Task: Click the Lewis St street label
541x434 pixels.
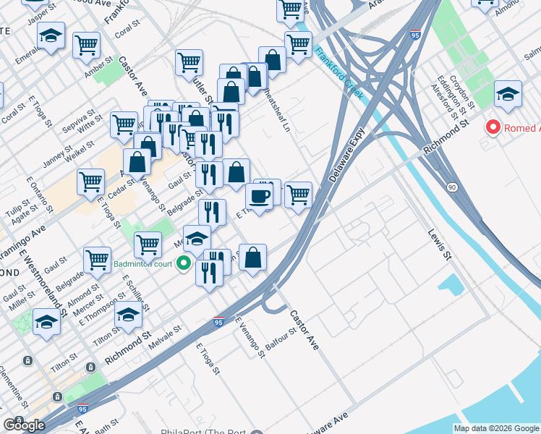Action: pyautogui.click(x=440, y=245)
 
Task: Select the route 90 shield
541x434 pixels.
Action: pyautogui.click(x=452, y=187)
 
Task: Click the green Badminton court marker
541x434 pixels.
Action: pyautogui.click(x=184, y=264)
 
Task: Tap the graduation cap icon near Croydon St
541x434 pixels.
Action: pyautogui.click(x=508, y=94)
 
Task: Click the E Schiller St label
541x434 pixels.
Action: pyautogui.click(x=135, y=292)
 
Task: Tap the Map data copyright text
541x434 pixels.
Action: pyautogui.click(x=497, y=427)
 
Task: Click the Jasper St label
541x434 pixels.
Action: pyautogui.click(x=41, y=17)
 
